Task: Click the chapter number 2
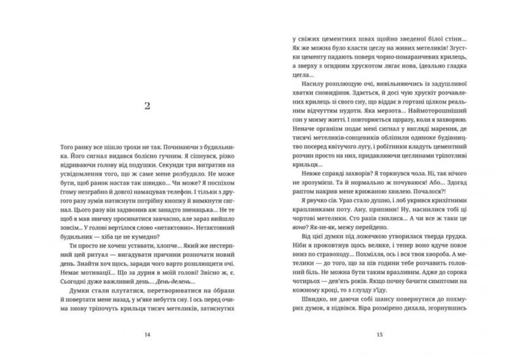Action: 148,106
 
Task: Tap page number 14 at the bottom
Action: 148,335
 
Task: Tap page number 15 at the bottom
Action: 379,335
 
